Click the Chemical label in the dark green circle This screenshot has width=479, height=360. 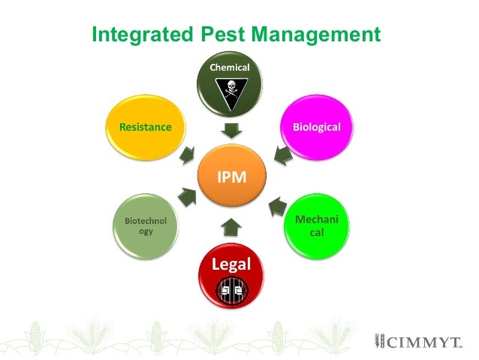coord(230,68)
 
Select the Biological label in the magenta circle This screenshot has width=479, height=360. coord(316,127)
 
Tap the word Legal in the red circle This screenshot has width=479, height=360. coord(231,264)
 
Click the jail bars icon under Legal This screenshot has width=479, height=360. coord(231,289)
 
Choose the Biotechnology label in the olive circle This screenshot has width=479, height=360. coord(146,226)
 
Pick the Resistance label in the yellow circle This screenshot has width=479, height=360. coord(146,127)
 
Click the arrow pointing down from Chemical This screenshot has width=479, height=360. coord(230,129)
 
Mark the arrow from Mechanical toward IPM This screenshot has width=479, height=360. coord(278,204)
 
